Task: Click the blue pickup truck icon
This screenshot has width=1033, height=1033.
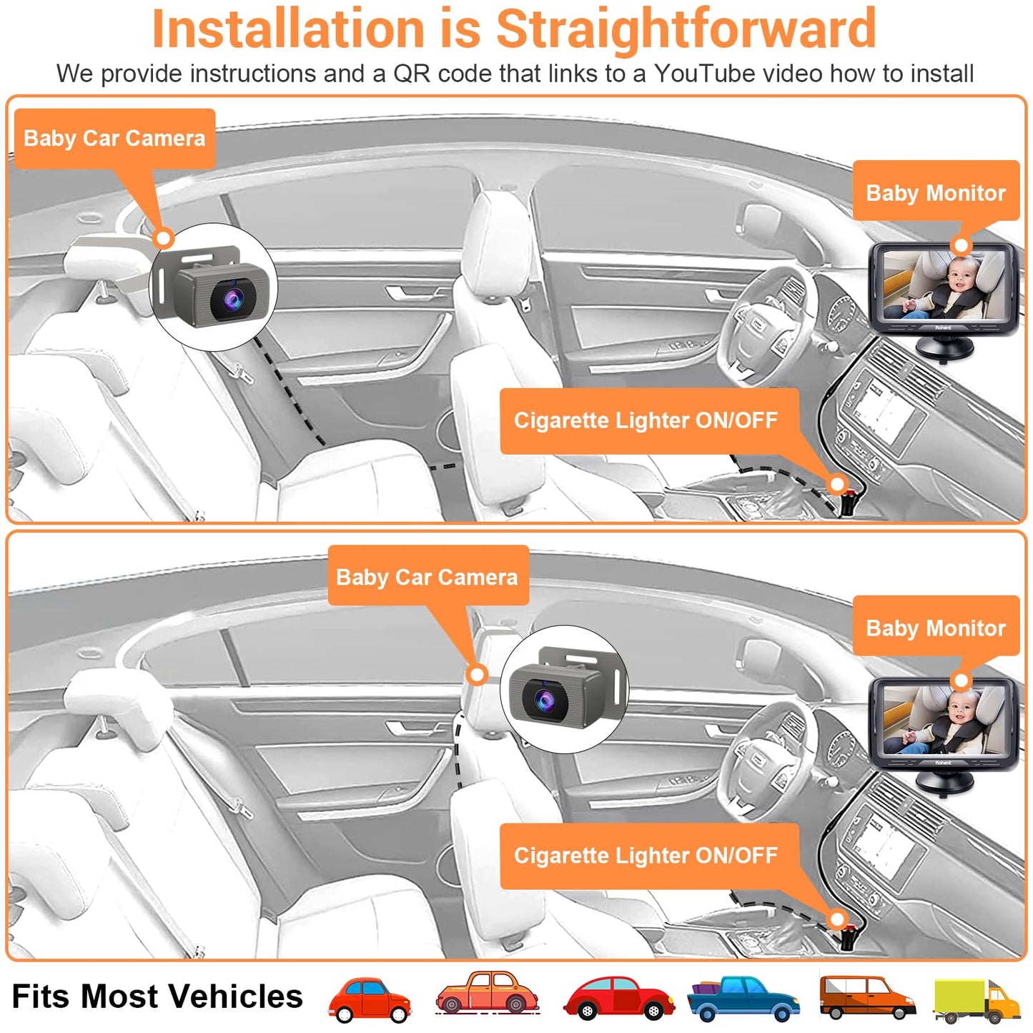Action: click(x=743, y=998)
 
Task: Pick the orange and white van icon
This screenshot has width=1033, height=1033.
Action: click(x=866, y=997)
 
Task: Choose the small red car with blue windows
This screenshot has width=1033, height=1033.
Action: click(x=370, y=999)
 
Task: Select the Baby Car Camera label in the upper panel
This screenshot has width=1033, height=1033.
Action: click(x=114, y=138)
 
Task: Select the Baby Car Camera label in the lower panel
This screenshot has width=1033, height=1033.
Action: click(x=427, y=576)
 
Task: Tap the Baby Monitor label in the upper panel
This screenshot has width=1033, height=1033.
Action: click(x=935, y=192)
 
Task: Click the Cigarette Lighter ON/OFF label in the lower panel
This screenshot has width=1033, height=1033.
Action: click(x=646, y=855)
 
